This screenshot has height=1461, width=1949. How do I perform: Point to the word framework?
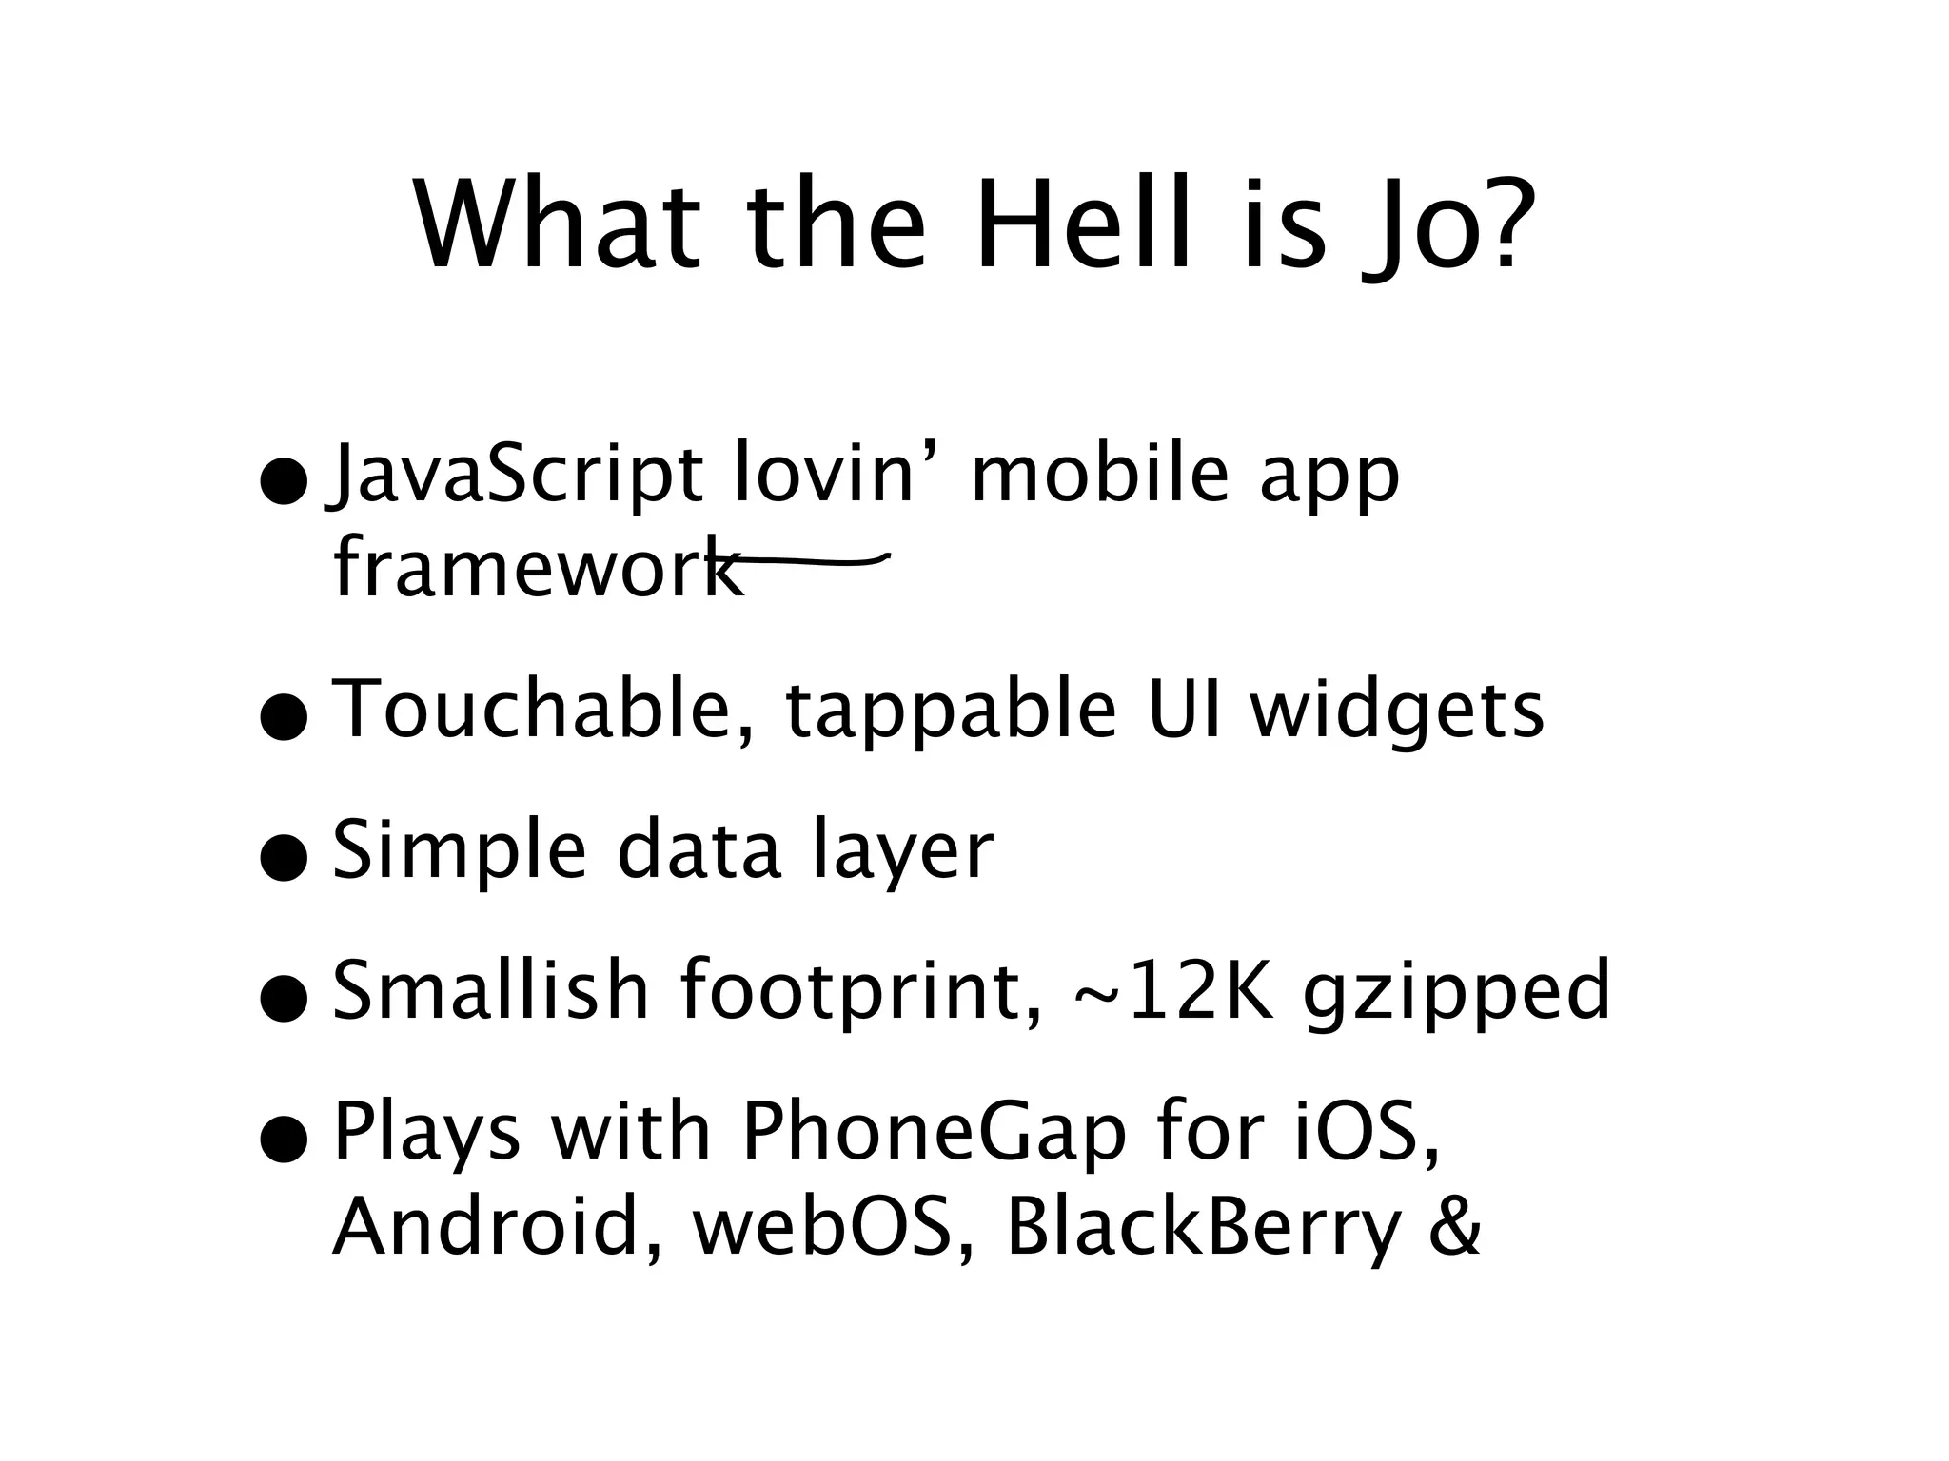point(538,568)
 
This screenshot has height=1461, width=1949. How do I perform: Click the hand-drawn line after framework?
point(809,561)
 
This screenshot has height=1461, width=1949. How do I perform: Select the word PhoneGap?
point(934,1135)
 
